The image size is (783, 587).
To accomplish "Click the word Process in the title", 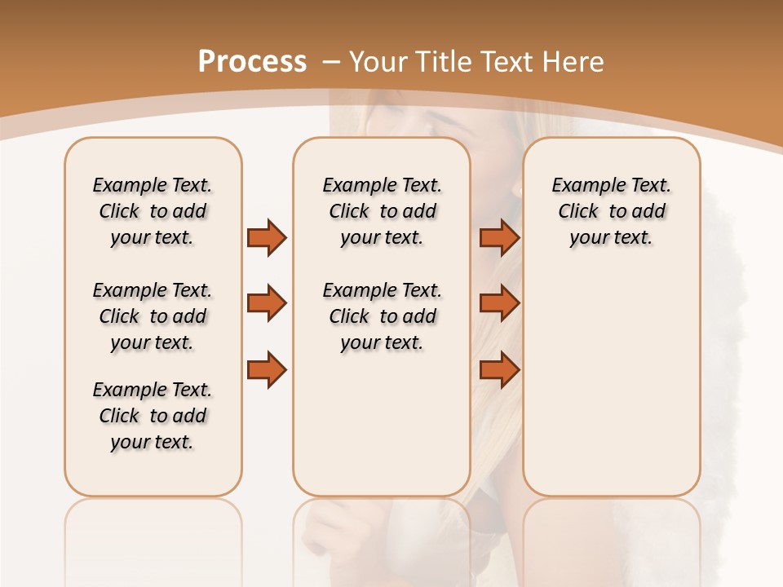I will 252,62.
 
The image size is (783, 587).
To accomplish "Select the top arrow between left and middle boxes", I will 267,237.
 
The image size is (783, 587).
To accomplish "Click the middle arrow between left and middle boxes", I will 267,303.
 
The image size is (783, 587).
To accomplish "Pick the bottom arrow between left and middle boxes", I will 267,370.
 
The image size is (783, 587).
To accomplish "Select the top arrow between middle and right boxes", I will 499,237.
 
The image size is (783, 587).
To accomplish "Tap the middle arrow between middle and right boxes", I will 499,303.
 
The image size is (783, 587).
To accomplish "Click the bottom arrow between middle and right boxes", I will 499,370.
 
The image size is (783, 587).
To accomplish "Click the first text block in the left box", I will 153,211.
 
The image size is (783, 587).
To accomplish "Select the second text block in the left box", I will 153,316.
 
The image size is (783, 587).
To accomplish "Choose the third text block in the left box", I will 153,416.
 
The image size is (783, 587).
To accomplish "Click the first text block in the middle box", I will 382,211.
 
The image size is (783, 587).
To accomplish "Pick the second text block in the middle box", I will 382,316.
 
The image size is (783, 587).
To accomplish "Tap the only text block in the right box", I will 611,211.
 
